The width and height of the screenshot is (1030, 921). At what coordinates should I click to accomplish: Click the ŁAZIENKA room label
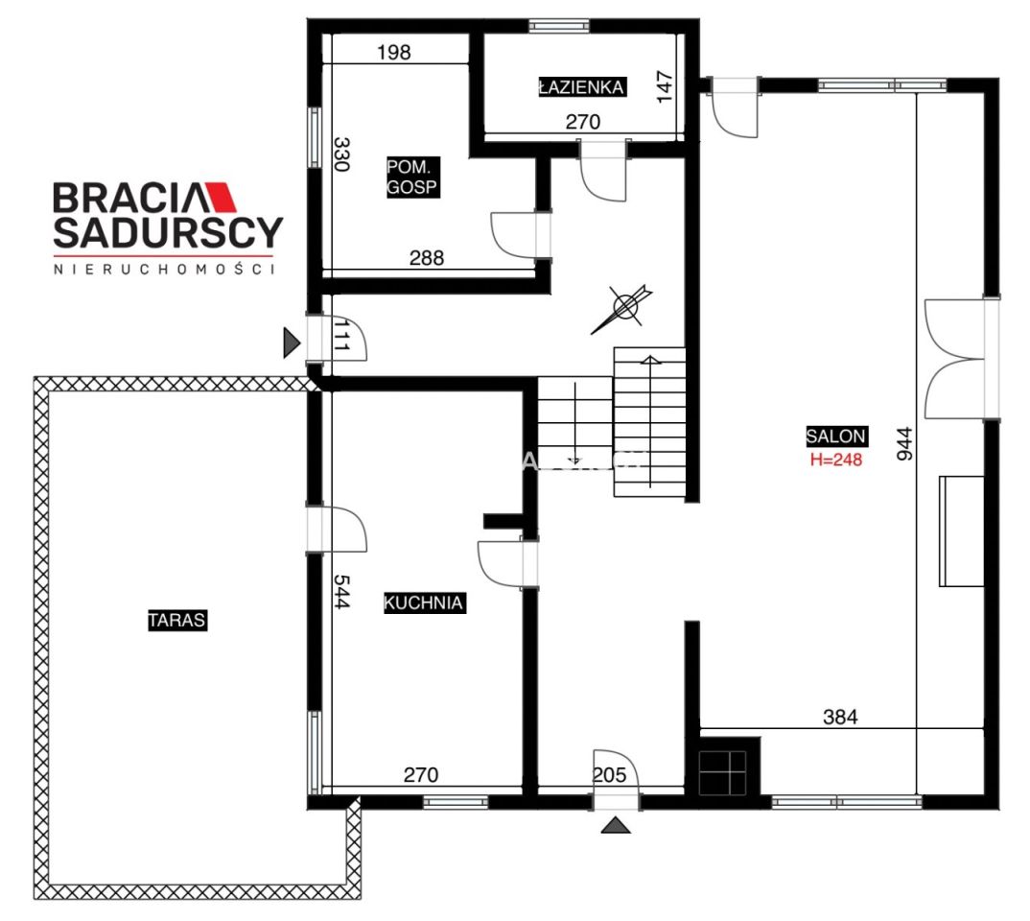tap(581, 86)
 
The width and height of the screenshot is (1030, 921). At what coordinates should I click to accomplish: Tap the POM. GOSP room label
tap(411, 177)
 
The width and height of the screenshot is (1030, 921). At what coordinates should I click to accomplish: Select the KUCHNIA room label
tap(424, 603)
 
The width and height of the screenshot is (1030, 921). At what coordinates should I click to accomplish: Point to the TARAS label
tap(176, 620)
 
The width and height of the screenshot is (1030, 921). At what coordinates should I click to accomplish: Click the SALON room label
tap(835, 437)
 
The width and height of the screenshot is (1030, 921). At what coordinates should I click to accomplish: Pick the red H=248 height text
tap(835, 460)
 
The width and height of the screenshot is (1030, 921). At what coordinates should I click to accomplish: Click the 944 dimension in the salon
tap(904, 443)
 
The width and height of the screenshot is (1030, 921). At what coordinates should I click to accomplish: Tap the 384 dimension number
tap(840, 717)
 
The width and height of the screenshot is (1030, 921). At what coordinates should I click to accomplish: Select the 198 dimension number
tap(393, 52)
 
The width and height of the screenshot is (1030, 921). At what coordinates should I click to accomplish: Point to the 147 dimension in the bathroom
tap(664, 86)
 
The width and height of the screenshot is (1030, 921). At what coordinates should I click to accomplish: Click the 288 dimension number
tap(427, 257)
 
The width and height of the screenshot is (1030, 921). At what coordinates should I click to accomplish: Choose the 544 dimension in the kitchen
tap(340, 591)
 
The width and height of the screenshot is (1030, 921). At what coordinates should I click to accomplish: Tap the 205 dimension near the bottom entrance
tap(609, 775)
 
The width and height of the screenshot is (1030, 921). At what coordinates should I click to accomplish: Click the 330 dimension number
tap(340, 153)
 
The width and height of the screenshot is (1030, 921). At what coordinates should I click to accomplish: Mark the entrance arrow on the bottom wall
tap(616, 825)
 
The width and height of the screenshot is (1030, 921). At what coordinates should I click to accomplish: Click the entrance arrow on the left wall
tap(292, 342)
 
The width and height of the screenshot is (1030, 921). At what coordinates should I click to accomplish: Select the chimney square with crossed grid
tap(722, 772)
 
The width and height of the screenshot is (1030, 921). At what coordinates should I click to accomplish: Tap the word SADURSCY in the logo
tap(168, 232)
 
